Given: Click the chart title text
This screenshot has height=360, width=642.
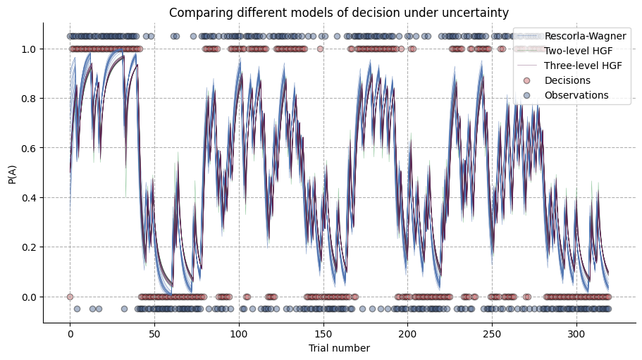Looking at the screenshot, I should tap(339, 13).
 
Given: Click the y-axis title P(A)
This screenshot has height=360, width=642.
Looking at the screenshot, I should tap(13, 173).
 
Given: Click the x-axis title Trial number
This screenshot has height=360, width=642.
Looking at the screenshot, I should tap(339, 347).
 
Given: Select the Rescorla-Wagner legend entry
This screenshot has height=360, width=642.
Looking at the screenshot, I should tap(585, 36).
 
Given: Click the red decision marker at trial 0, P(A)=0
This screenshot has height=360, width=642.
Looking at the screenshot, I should tap(70, 297).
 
